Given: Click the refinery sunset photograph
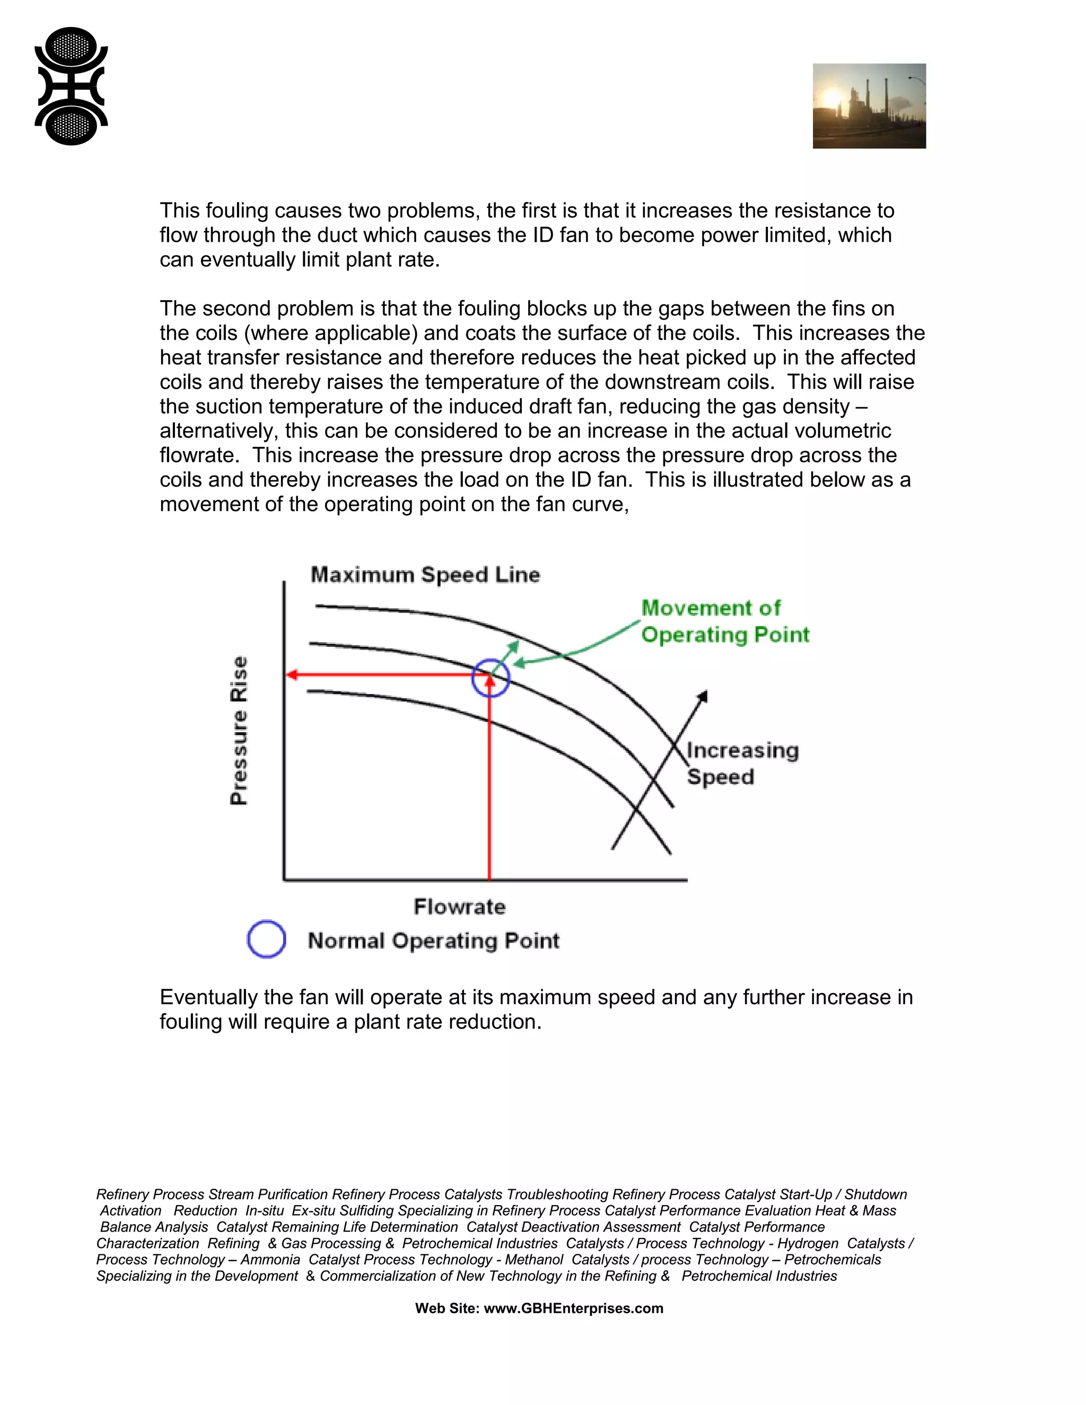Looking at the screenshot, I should pos(869,106).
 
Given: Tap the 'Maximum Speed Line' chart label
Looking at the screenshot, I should pos(425,575).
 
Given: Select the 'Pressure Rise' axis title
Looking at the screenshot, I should pos(239,730).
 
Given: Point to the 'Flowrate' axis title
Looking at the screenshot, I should pos(459,907).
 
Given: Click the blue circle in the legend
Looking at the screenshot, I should pos(266,939).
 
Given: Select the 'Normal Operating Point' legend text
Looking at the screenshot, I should pos(434,941).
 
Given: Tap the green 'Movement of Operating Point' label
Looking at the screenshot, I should pos(724,621).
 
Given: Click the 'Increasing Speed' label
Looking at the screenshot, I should pos(742,763).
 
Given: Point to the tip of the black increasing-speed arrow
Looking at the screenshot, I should pos(706,692).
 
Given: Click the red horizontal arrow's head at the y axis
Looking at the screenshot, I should pos(291,675).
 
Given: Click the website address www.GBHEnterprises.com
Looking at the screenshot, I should pos(573,1308).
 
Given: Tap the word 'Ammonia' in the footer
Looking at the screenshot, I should pos(270,1259).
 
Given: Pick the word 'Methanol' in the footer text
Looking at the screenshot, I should pos(534,1259).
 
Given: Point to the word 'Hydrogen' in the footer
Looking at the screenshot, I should pos(808,1243).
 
